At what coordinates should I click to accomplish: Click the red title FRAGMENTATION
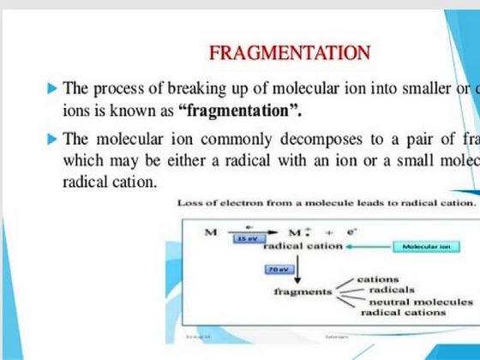[x=290, y=53]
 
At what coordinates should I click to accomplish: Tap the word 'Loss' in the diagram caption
[x=189, y=202]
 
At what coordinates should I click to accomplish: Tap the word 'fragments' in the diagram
[x=303, y=291]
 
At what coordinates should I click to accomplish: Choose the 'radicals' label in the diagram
[x=391, y=291]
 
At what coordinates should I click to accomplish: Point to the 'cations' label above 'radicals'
[x=379, y=279]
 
